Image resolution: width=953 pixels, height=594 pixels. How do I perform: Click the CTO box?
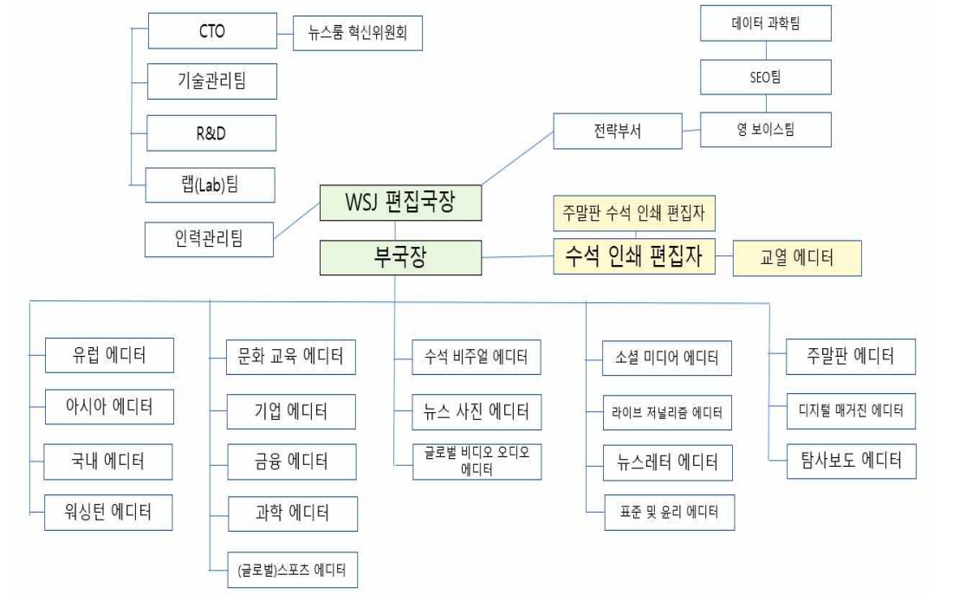(x=212, y=32)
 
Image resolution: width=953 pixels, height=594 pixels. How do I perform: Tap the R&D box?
(x=212, y=133)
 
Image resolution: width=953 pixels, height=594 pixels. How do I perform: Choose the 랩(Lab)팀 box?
(x=212, y=184)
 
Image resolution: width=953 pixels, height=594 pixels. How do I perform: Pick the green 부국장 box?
(x=400, y=257)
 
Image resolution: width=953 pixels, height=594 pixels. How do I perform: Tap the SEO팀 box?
(x=765, y=77)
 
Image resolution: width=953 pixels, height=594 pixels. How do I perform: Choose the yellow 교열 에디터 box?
(x=797, y=258)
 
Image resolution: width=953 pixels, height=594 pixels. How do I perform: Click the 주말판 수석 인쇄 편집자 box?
(x=634, y=211)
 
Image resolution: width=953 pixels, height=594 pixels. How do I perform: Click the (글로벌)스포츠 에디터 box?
(x=290, y=571)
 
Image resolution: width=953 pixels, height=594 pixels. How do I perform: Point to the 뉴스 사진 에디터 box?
(x=477, y=410)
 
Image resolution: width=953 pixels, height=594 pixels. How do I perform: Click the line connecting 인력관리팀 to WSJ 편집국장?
(x=297, y=220)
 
